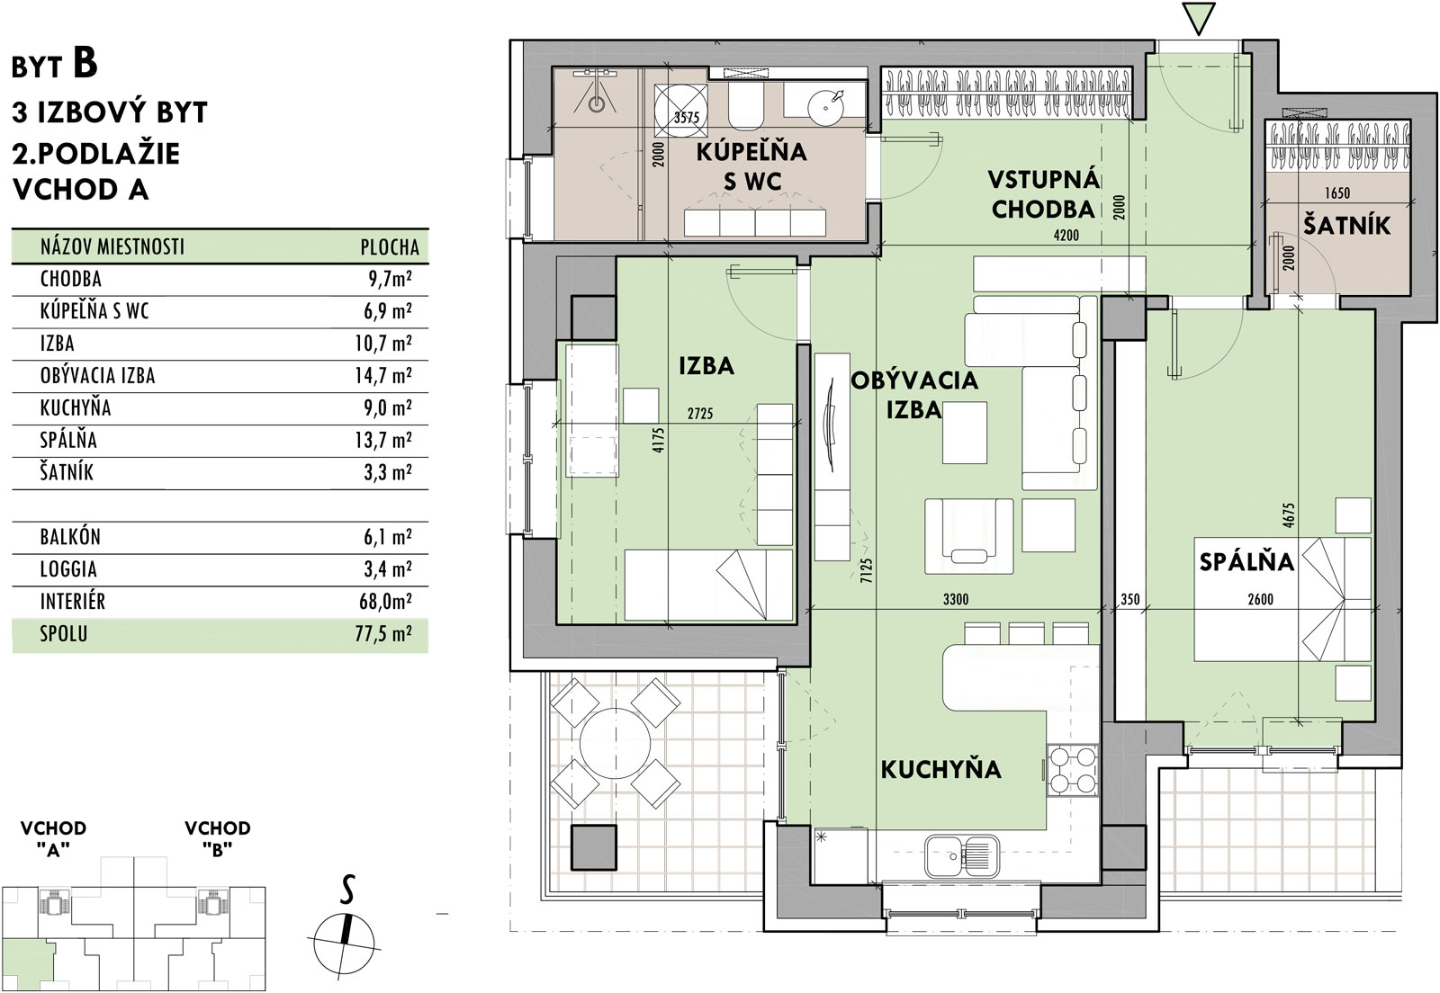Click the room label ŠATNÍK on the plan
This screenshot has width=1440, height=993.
pyautogui.click(x=1346, y=225)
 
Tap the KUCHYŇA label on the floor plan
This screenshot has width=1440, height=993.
pyautogui.click(x=940, y=769)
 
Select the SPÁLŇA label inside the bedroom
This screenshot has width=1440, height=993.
pyautogui.click(x=1246, y=561)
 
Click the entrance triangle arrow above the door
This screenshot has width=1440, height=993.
pyautogui.click(x=1198, y=19)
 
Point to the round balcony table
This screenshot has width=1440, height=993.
pyautogui.click(x=615, y=743)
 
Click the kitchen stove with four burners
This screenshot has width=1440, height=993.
pyautogui.click(x=1072, y=771)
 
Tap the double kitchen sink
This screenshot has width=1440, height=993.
pyautogui.click(x=962, y=857)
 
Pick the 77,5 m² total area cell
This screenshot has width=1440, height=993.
pyautogui.click(x=383, y=634)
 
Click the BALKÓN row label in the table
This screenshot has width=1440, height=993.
pyautogui.click(x=71, y=537)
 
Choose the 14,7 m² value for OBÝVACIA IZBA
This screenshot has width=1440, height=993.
pyautogui.click(x=383, y=375)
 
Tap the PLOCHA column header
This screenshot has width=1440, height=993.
pyautogui.click(x=390, y=247)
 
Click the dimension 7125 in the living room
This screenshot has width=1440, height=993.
pyautogui.click(x=866, y=569)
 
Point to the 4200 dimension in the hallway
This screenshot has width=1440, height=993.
pyautogui.click(x=1066, y=236)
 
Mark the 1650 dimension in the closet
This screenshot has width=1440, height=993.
pyautogui.click(x=1337, y=192)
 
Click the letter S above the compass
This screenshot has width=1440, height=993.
pyautogui.click(x=347, y=889)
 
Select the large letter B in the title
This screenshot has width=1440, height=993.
pyautogui.click(x=85, y=63)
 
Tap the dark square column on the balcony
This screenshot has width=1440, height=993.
pyautogui.click(x=594, y=846)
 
